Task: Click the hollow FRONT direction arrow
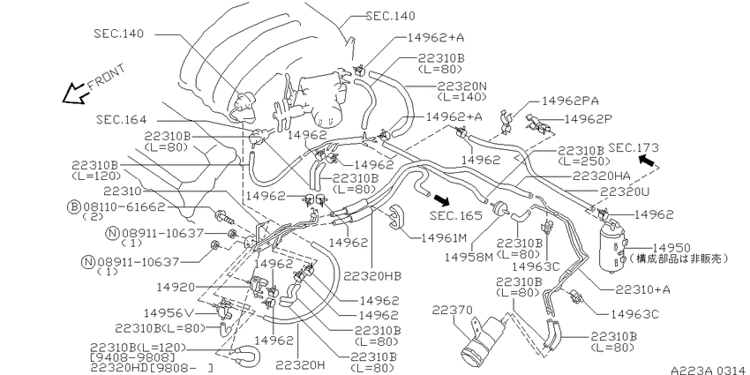74,94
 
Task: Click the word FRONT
106,76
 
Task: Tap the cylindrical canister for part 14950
612,248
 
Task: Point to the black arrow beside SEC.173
648,161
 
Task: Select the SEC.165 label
455,215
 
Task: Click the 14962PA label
570,101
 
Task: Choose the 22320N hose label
461,86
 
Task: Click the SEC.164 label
121,119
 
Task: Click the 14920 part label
176,287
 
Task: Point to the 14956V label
169,313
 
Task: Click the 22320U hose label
624,191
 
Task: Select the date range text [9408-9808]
132,357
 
